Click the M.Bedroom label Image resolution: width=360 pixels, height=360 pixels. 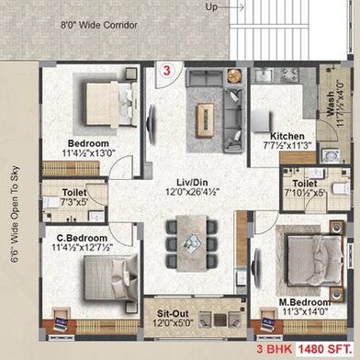(295, 326)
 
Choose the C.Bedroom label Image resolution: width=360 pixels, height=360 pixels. (77, 237)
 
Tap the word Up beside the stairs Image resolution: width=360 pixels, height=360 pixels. (211, 6)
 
